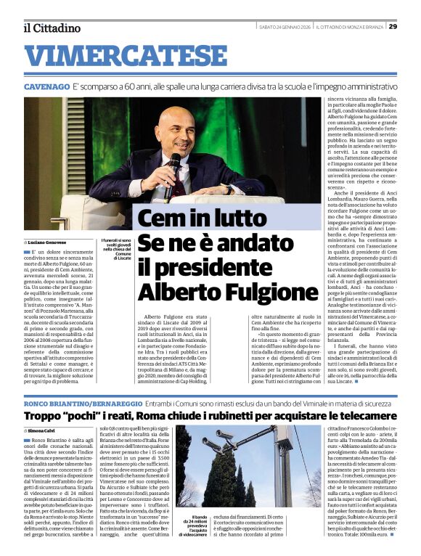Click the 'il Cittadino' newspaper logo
point(51,28)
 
